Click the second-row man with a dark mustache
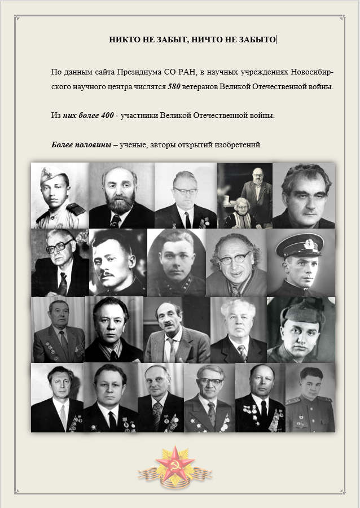118,262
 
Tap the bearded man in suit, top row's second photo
121,195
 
